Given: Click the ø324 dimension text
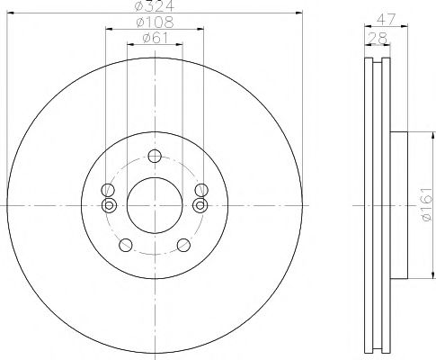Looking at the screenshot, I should point(154,8).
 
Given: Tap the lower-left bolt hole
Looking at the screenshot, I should point(123,244).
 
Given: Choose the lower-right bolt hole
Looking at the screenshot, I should point(183,244).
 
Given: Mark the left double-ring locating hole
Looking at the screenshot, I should point(108,205).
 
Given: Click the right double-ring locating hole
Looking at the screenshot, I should point(200,205).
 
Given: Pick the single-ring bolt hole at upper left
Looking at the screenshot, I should point(108,190).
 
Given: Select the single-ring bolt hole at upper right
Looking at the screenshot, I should point(200,190).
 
